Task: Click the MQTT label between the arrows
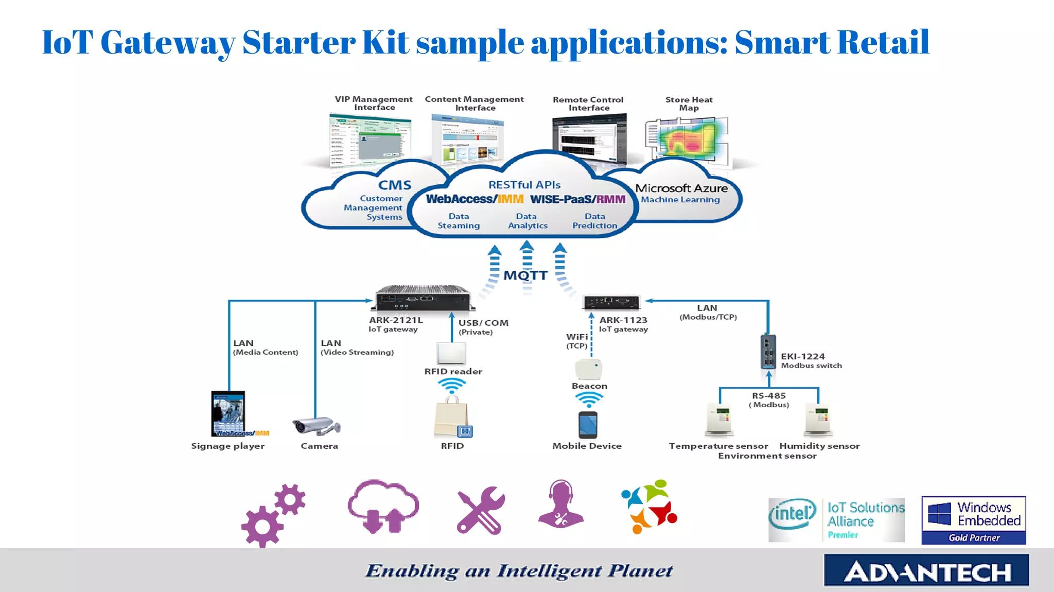point(525,275)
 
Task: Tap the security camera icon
point(316,426)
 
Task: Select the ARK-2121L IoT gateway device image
point(422,298)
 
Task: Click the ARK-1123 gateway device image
point(611,302)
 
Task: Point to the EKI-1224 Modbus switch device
point(768,352)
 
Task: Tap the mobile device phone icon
point(588,425)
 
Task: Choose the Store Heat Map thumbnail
point(687,137)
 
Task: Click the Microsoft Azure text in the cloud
point(681,188)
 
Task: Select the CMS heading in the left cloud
point(395,185)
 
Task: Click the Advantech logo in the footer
point(926,571)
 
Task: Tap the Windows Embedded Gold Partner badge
point(973,520)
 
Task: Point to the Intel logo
point(793,514)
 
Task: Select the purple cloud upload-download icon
point(383,507)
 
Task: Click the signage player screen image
point(228,413)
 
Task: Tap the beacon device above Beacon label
point(588,369)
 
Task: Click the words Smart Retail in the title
point(832,42)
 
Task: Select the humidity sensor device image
point(818,420)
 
